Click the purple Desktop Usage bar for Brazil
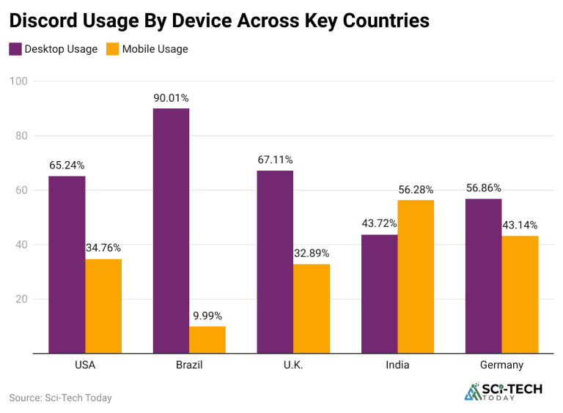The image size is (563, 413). (171, 231)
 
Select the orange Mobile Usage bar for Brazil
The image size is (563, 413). (207, 340)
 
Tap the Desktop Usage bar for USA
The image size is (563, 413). (67, 264)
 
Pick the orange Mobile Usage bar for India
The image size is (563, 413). (416, 277)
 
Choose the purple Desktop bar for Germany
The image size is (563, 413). (483, 276)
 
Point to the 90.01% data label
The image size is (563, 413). (171, 98)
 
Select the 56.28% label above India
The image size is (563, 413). (416, 190)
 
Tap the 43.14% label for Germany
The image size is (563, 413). (520, 226)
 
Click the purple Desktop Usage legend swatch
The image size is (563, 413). (15, 49)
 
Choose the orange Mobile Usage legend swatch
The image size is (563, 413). (112, 49)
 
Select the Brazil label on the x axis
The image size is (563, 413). (189, 365)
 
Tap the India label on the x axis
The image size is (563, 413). (398, 365)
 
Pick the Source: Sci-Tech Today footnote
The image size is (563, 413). (60, 398)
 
